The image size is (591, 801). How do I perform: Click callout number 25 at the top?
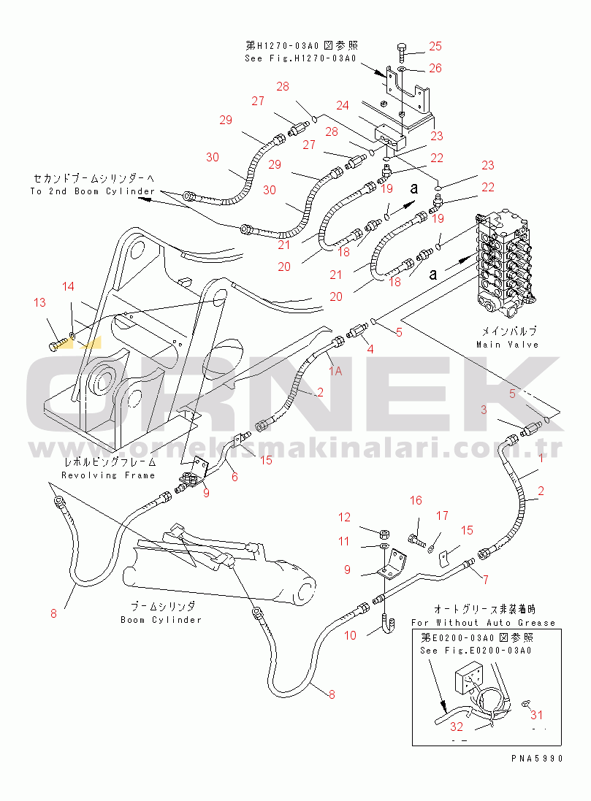click(435, 47)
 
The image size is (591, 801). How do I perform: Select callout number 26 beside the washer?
click(435, 69)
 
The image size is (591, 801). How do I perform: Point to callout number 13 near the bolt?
click(39, 302)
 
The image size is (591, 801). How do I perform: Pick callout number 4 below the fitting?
click(370, 349)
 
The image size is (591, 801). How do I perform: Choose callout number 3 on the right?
click(483, 410)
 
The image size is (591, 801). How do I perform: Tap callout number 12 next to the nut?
click(344, 518)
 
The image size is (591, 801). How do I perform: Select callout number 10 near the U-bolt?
click(350, 635)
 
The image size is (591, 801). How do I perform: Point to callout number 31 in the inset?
click(537, 715)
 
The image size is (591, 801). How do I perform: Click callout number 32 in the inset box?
click(456, 727)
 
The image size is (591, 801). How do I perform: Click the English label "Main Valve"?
click(506, 345)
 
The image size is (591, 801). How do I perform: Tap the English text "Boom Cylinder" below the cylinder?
click(161, 620)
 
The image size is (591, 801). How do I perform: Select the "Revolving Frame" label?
click(108, 475)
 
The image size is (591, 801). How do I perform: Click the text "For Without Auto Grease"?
click(483, 623)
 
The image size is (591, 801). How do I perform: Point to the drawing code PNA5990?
click(537, 759)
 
